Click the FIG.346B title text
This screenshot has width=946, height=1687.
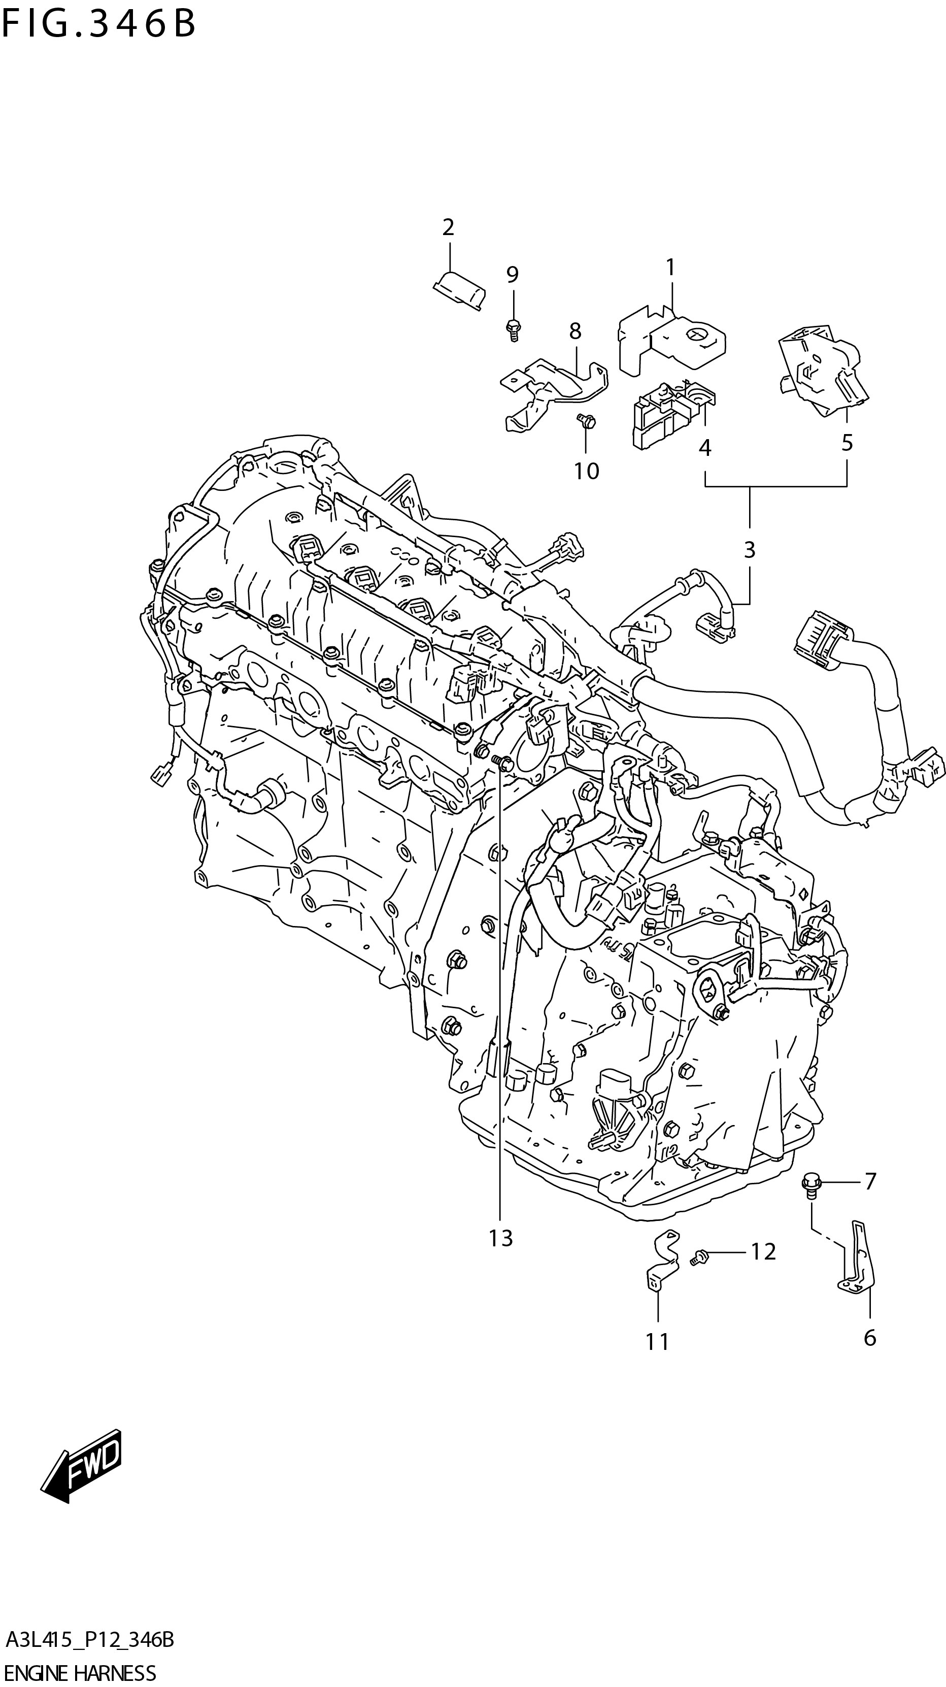98,24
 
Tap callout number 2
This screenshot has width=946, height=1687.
448,227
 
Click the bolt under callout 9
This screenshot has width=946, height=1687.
513,327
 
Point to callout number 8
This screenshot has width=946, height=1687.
575,332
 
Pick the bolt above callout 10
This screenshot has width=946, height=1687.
586,422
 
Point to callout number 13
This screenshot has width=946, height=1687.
501,1238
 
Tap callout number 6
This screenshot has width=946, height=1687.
869,1338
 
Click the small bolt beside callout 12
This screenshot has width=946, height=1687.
698,1255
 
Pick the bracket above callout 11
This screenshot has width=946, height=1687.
661,1260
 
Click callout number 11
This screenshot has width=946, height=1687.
657,1342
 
